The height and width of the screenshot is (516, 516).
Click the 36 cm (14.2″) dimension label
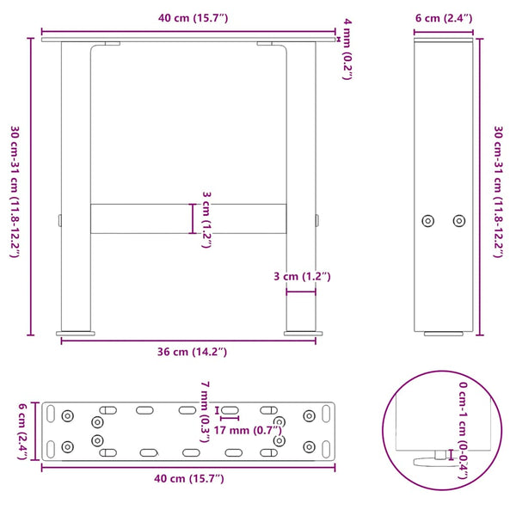(187, 351)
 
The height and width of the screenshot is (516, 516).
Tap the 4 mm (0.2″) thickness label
(347, 48)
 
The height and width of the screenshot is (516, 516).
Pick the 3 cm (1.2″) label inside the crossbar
(206, 219)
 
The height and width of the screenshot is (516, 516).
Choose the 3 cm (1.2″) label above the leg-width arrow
(300, 276)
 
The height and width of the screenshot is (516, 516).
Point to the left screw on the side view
(428, 220)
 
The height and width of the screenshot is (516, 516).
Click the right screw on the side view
(458, 220)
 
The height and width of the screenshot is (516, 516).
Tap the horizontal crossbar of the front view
(187, 218)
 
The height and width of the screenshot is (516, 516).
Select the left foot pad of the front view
(76, 332)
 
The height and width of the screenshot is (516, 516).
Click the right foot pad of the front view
(301, 332)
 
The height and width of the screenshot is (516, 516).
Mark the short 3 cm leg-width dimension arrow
(301, 292)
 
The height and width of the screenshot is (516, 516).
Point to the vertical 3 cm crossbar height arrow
(193, 218)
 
